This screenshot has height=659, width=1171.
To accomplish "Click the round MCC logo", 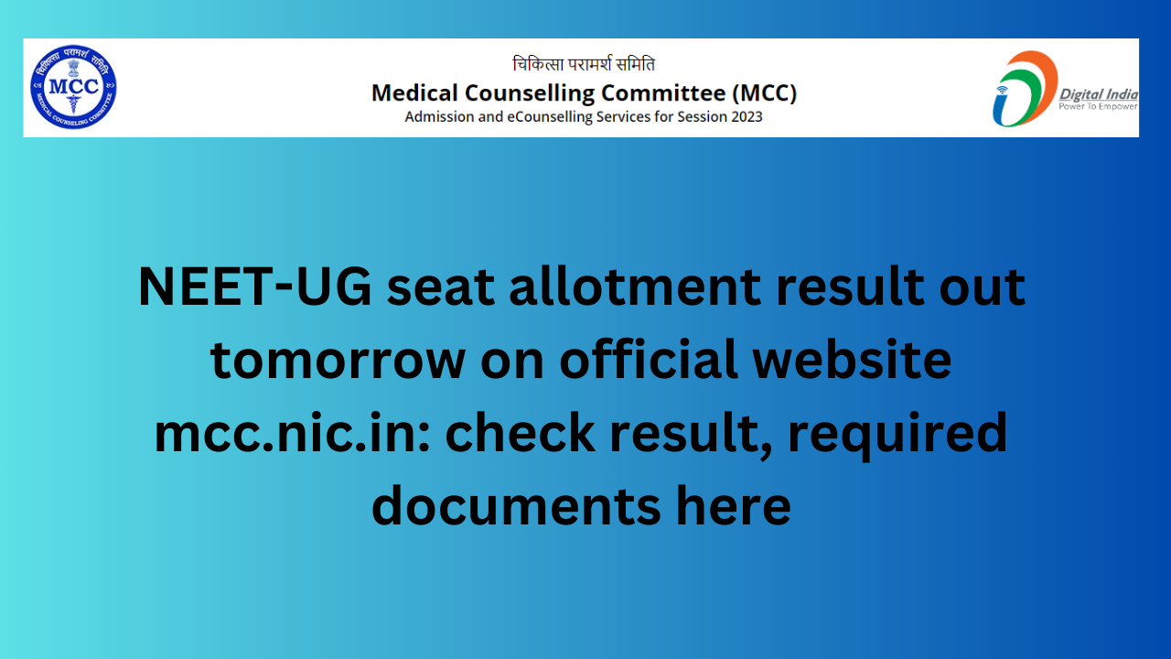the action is coord(73,87).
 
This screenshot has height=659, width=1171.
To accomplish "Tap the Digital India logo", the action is coord(1065,89).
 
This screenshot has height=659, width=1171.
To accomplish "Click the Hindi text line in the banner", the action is coord(584,64).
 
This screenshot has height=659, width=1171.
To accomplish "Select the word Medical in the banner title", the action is coord(414,93).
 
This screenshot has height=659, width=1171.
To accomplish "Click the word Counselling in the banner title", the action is coord(529,94).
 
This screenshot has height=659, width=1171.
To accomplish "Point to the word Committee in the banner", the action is coord(663,93).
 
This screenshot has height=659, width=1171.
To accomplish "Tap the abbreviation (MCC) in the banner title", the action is coord(764,93).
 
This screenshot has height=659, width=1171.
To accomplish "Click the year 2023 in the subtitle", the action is coord(747,116).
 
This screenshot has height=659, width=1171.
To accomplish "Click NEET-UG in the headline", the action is coord(254,286).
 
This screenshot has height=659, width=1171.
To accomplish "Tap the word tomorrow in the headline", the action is coord(338,360).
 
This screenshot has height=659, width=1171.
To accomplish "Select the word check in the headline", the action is coord(520,431).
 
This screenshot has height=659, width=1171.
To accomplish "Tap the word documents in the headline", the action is coord(517,504).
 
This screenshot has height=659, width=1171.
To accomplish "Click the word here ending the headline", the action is coord(734,504).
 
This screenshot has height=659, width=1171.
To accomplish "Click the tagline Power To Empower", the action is coord(1098,107).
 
